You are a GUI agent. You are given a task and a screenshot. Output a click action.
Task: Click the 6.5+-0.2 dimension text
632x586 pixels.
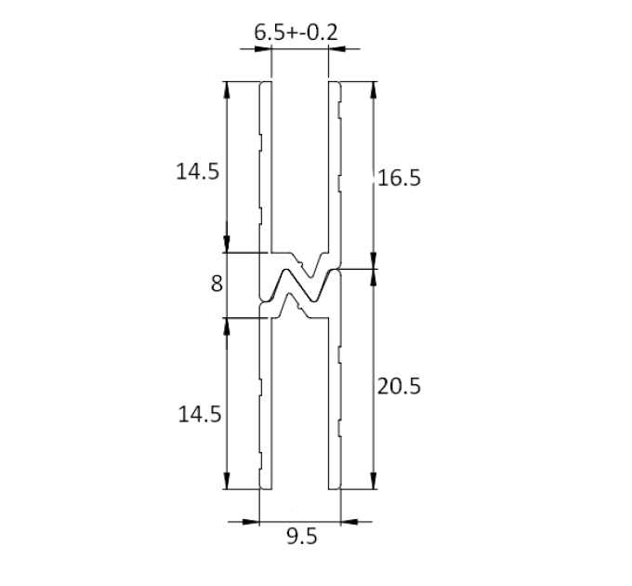click(x=296, y=33)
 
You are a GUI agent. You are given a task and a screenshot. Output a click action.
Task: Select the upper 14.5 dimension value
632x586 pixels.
click(x=197, y=171)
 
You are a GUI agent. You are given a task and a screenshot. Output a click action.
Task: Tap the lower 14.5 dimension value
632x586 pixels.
click(x=200, y=414)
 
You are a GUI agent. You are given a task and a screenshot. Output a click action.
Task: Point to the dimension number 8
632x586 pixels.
click(x=217, y=284)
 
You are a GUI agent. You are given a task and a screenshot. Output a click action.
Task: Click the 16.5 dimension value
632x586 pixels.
click(x=400, y=178)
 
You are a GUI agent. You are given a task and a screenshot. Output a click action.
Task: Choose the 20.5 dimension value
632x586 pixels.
click(x=399, y=386)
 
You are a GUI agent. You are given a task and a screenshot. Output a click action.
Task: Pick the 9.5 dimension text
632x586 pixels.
click(x=302, y=537)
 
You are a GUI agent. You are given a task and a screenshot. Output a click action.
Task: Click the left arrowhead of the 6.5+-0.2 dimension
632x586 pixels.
click(x=262, y=49)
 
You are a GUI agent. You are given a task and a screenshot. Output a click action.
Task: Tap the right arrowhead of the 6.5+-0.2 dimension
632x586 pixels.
click(x=337, y=49)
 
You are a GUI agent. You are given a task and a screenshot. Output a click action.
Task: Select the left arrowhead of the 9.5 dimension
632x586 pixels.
click(x=251, y=522)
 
